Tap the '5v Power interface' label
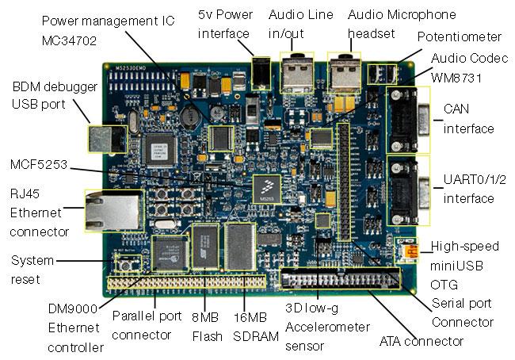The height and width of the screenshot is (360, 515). click(223, 24)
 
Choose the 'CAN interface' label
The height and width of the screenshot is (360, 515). click(468, 118)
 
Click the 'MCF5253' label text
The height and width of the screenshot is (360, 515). click(39, 165)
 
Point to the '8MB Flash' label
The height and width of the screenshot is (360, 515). click(207, 325)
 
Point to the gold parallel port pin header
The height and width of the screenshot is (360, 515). click(190, 281)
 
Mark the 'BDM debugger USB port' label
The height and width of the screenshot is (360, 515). click(40, 95)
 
